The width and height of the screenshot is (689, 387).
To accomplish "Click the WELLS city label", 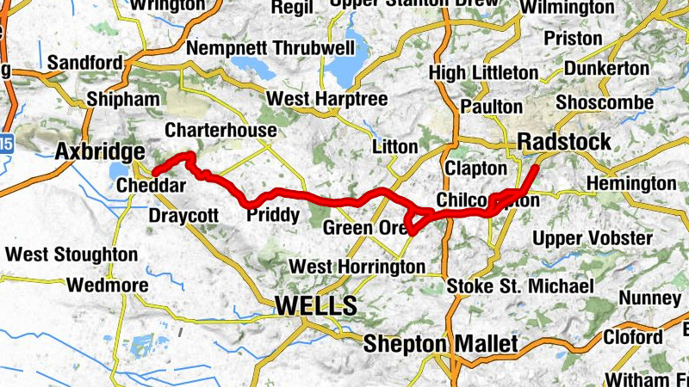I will (315, 305).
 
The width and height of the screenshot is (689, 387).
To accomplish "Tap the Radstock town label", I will (564, 142).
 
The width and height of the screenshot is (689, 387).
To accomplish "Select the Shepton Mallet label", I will (440, 344).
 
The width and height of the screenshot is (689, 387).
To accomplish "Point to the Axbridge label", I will (99, 152).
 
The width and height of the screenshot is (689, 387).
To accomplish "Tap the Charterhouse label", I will (220, 130).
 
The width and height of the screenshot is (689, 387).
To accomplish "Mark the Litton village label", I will (395, 147).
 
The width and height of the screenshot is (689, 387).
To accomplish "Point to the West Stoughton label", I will (71, 255).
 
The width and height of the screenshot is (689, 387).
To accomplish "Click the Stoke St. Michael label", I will (520, 286).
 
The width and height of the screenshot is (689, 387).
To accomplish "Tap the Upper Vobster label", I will (592, 237).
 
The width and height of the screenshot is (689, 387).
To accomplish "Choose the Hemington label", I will (631, 183).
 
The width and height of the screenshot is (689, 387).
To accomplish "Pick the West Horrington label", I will (357, 267).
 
